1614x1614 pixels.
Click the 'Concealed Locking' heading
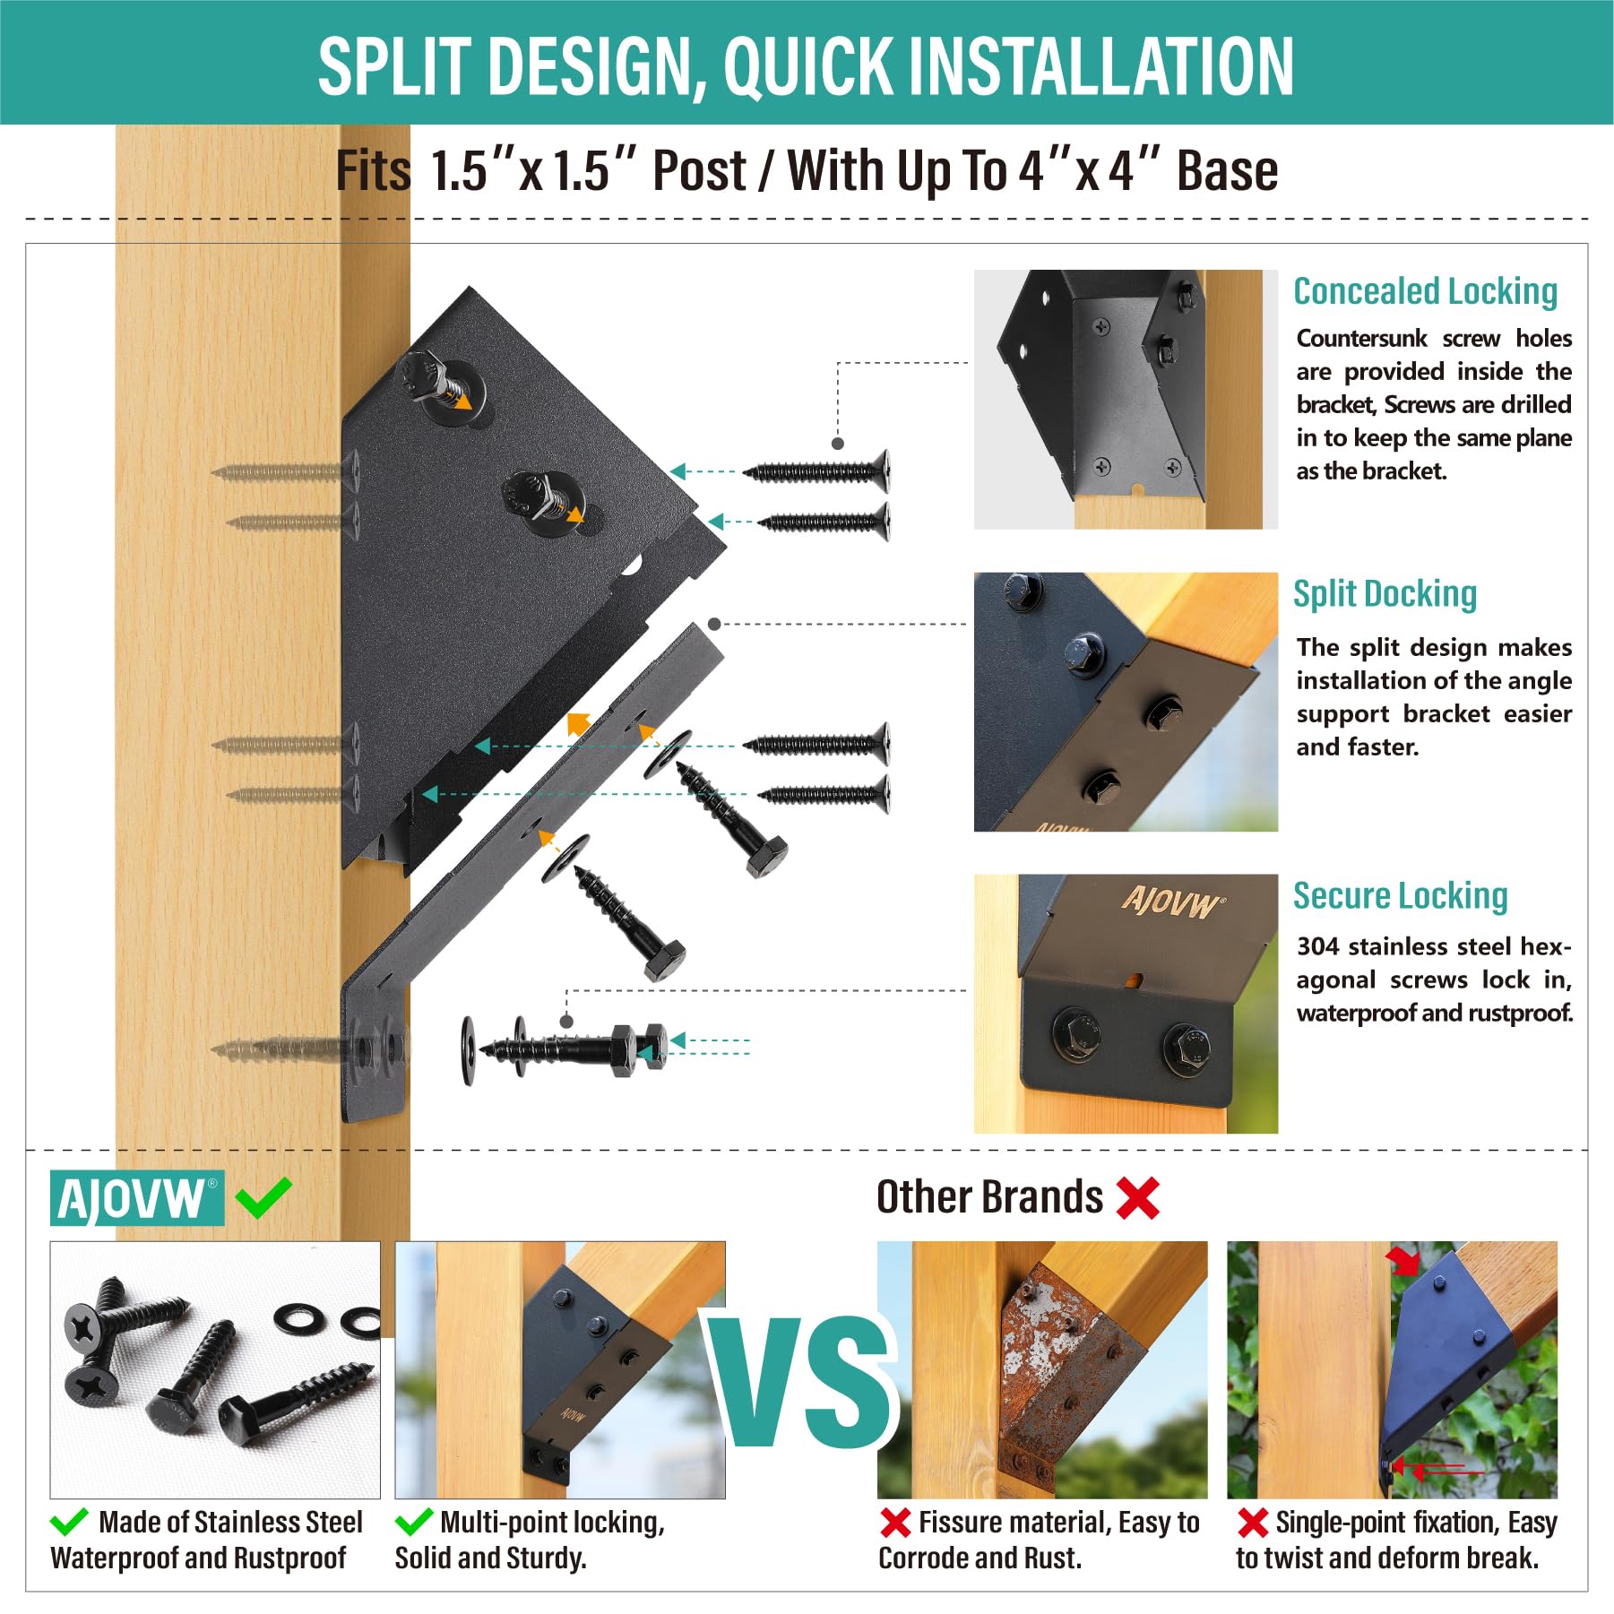click(1425, 291)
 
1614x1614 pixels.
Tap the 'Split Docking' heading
click(1385, 593)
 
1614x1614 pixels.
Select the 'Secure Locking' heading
click(1400, 895)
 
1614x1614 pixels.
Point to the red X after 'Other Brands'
click(1138, 1197)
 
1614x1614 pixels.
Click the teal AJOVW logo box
click(137, 1198)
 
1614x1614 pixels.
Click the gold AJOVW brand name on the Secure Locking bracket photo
click(1170, 902)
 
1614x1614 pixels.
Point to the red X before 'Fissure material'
click(895, 1523)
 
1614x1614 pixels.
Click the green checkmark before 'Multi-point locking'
click(413, 1521)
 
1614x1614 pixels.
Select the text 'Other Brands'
click(989, 1197)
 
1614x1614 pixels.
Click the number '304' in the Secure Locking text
click(1318, 946)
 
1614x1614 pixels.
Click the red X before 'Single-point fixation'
click(1252, 1523)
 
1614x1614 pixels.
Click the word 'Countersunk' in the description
click(1361, 338)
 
